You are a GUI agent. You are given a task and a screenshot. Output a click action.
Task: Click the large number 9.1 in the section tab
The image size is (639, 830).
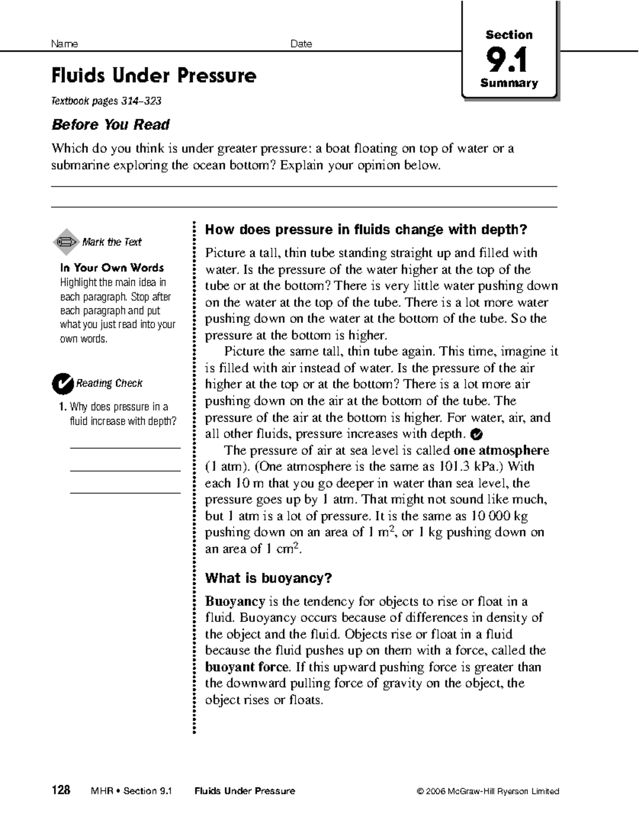509,60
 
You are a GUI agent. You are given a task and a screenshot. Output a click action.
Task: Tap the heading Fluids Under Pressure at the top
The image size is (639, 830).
153,76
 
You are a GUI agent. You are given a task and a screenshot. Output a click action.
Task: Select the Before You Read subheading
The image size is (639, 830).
110,125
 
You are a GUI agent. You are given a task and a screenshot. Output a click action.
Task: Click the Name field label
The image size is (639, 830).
64,44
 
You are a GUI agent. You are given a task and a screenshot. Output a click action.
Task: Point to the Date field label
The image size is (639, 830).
301,44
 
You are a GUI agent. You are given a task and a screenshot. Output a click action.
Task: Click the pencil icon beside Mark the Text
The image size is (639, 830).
66,242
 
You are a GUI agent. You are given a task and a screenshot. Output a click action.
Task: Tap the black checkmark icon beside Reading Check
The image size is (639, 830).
62,383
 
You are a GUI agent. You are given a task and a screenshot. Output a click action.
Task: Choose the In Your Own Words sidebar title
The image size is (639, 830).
112,267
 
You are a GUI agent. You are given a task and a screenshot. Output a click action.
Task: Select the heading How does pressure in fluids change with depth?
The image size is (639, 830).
366,230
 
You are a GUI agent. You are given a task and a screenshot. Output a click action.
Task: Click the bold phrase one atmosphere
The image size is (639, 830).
501,450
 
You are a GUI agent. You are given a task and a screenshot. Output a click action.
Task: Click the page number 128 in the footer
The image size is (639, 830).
61,791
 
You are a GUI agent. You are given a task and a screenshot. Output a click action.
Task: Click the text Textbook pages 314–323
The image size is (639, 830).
106,101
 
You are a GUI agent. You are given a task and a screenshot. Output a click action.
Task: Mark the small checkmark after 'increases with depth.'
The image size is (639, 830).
477,434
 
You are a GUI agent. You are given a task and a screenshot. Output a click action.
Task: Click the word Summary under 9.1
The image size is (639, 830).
509,83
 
